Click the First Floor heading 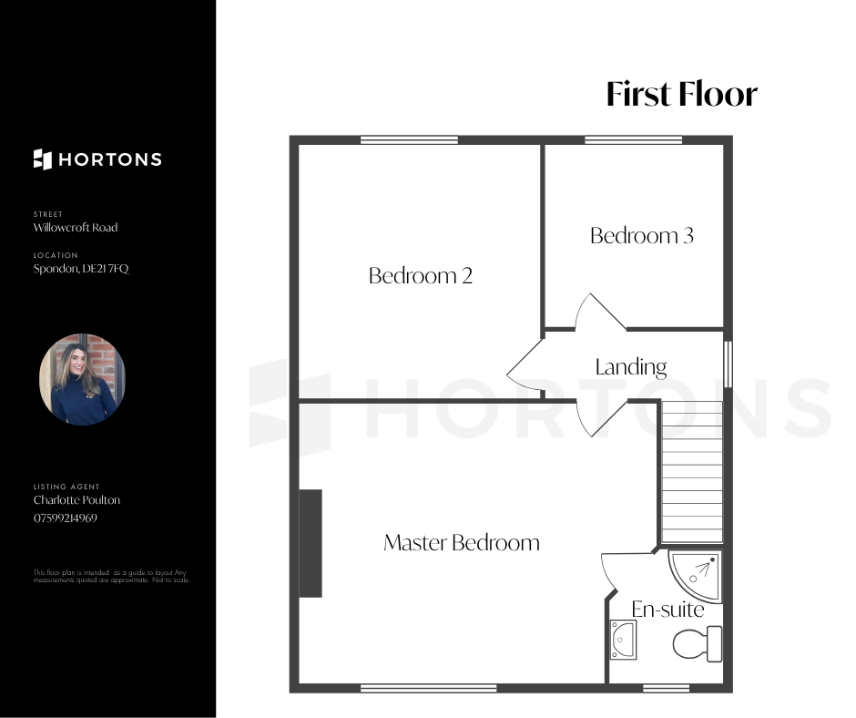tap(682, 94)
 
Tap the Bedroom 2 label tap(421, 275)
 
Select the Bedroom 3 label tap(642, 235)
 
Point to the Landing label tap(631, 367)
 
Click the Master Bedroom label tap(462, 542)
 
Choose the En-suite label tap(667, 610)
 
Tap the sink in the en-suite tap(623, 640)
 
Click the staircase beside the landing tap(692, 472)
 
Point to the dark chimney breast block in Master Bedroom tap(311, 543)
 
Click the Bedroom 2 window tap(409, 140)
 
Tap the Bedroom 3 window tap(633, 140)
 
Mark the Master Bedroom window tap(429, 689)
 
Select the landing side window tap(729, 364)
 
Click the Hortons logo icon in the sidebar tap(43, 159)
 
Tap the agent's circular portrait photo tap(83, 379)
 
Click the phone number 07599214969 tap(66, 518)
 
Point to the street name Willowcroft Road tap(76, 227)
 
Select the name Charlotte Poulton tap(77, 500)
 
